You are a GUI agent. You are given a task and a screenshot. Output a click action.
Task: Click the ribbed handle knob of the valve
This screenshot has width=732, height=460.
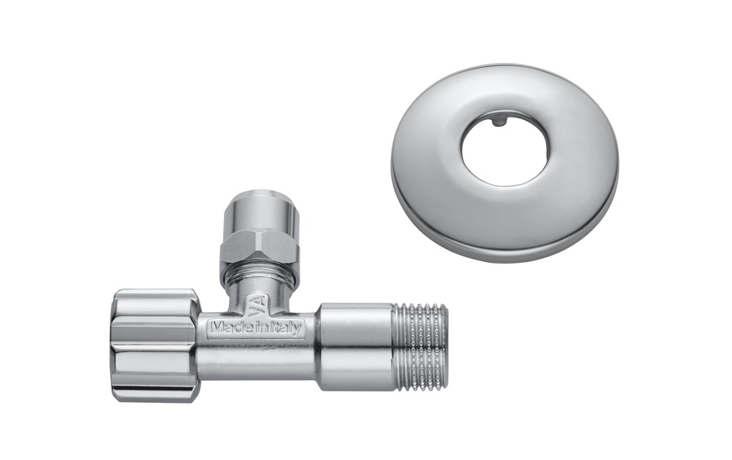[x=153, y=346]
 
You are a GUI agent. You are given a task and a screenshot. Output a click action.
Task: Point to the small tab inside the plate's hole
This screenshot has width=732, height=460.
[x=498, y=122]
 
